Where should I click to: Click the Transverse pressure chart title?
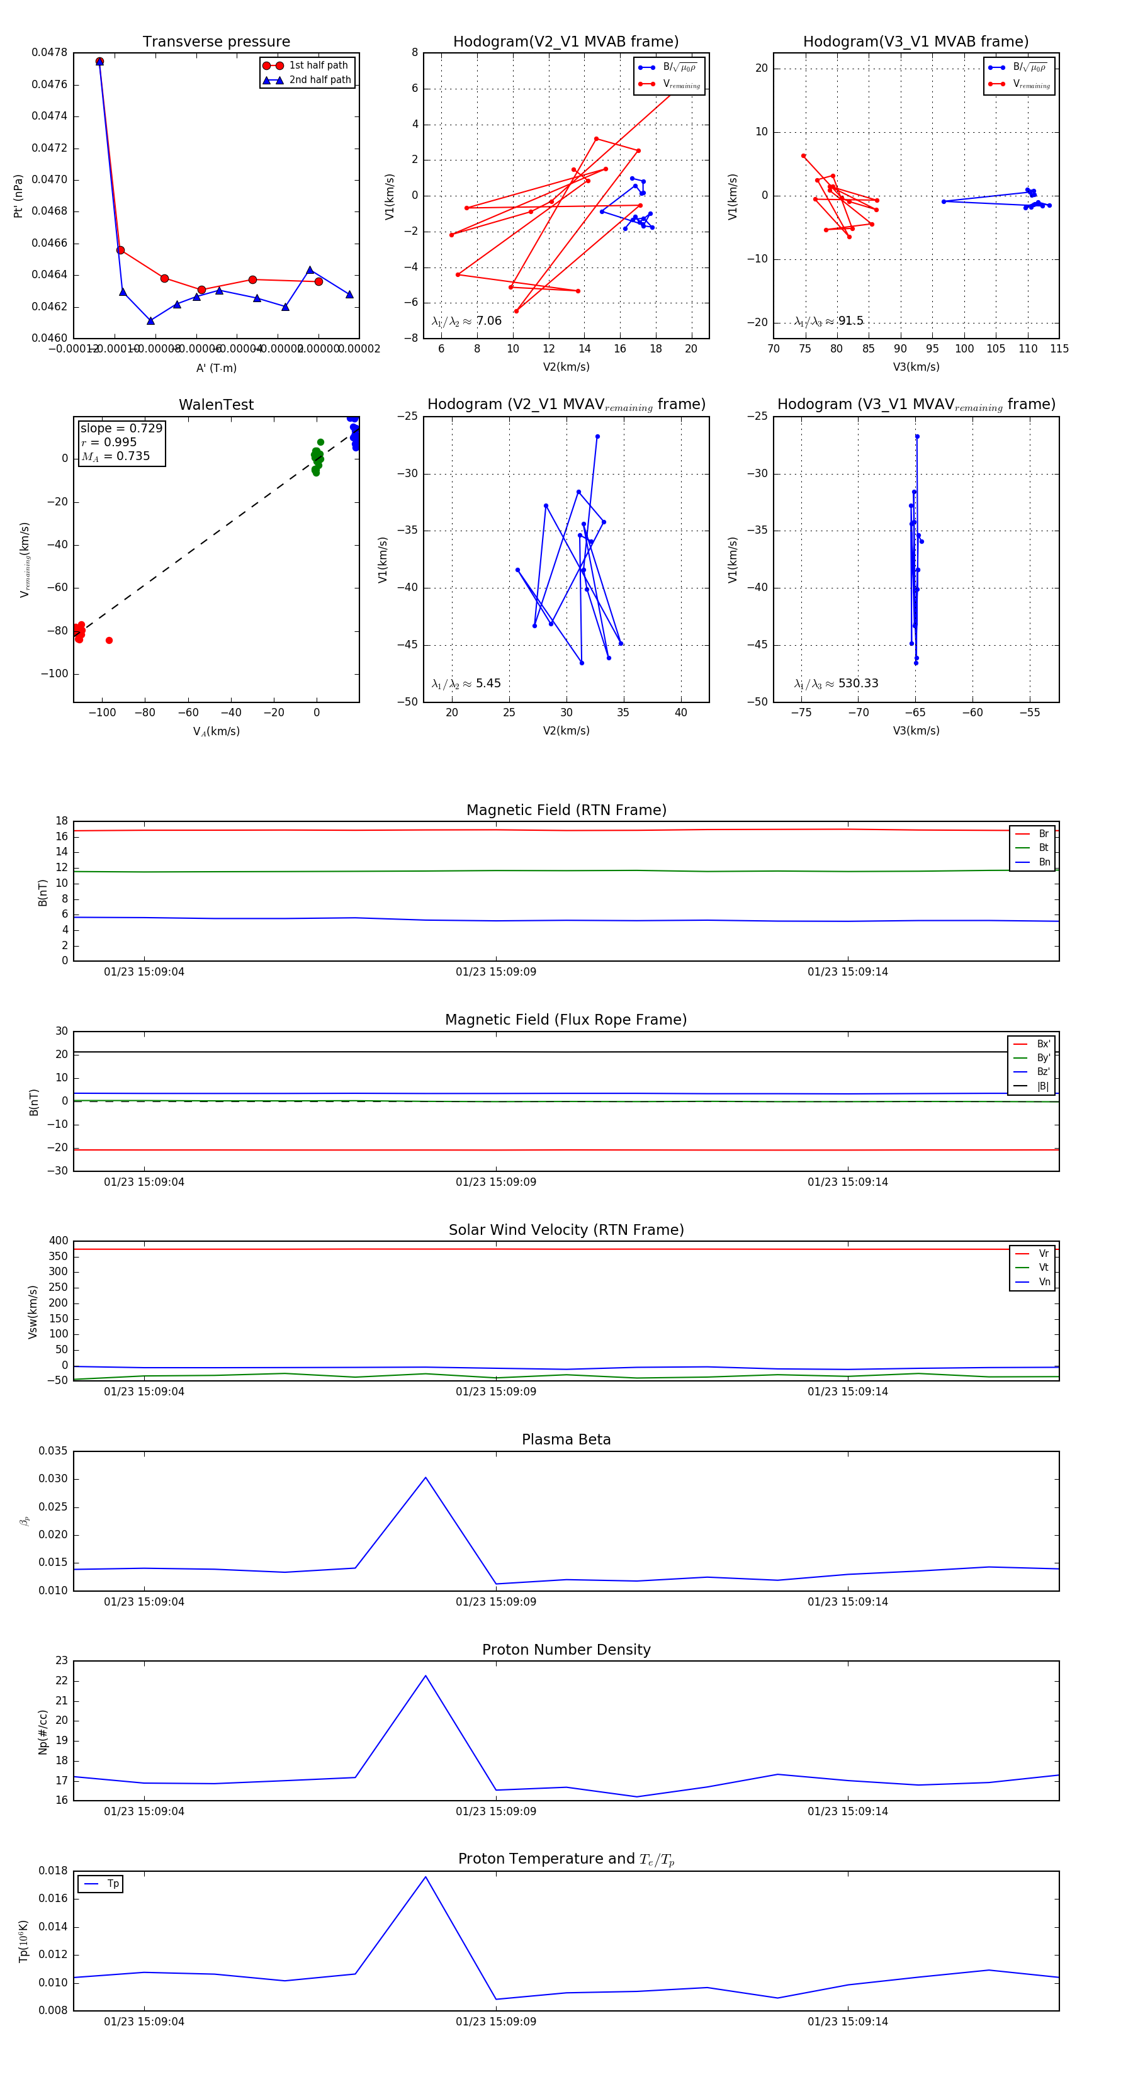216,42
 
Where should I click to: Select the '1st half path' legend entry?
318,65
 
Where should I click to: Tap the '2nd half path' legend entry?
319,80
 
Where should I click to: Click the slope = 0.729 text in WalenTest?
121,428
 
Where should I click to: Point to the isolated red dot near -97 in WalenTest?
109,640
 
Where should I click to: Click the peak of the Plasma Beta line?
426,1478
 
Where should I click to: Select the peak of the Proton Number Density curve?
426,1675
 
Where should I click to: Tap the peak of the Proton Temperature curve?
426,1876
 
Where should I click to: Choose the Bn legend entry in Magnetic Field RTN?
1044,862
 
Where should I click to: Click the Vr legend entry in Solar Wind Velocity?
1044,1253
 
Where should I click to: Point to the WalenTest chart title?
216,405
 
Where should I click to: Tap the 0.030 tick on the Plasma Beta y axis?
54,1478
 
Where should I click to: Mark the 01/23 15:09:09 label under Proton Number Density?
495,1811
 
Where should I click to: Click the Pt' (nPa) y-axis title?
18,196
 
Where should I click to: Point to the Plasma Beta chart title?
566,1439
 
